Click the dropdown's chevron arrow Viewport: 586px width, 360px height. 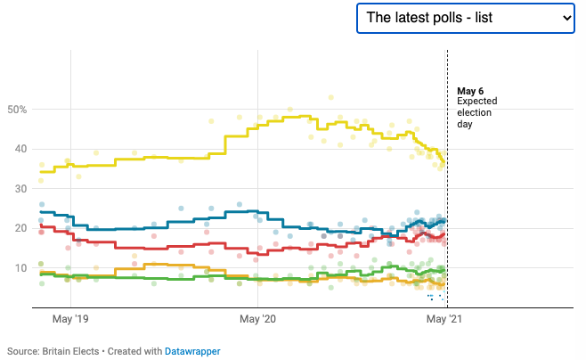click(x=565, y=18)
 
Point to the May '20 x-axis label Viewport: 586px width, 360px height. click(x=256, y=318)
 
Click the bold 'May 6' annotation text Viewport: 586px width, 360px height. click(x=470, y=91)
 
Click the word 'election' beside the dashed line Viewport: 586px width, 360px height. click(x=475, y=113)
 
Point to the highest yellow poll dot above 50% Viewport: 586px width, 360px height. click(x=331, y=97)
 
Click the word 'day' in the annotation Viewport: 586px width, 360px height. click(x=465, y=124)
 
